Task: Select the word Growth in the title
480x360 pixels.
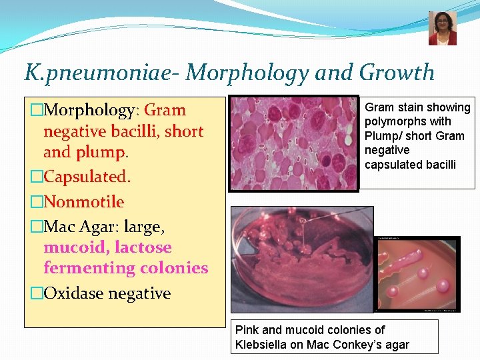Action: click(x=396, y=72)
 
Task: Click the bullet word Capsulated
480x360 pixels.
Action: click(x=87, y=177)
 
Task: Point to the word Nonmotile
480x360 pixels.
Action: click(x=83, y=202)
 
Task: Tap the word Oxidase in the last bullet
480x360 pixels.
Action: click(x=73, y=293)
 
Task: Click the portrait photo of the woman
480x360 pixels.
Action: click(x=442, y=29)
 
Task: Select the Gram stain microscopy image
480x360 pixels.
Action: click(x=293, y=143)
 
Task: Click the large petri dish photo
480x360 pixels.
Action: click(x=301, y=259)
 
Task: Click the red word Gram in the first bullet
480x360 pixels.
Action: click(x=165, y=110)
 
